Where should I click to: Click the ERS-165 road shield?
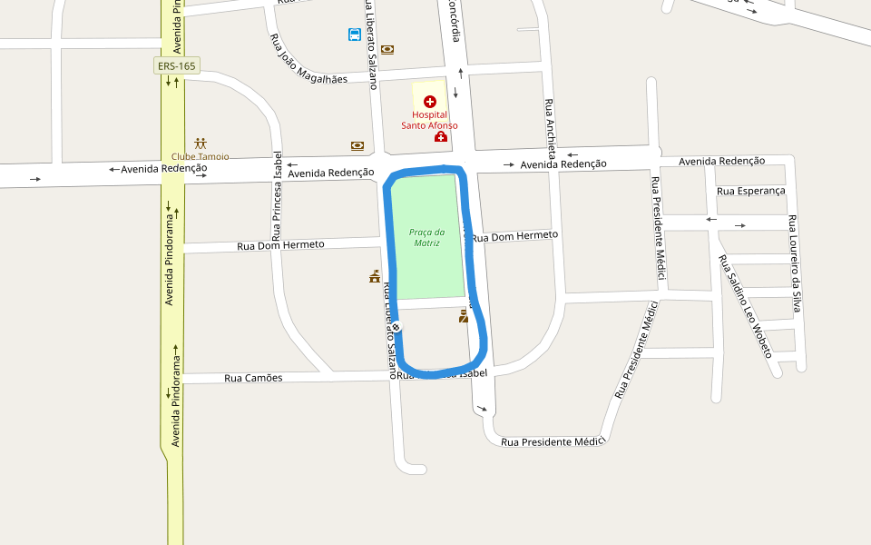[x=176, y=65]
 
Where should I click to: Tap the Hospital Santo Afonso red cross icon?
[x=430, y=102]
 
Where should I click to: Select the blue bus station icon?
[x=355, y=35]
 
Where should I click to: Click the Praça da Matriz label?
[x=426, y=237]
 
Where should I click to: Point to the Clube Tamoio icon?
[x=201, y=144]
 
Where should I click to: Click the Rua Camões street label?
[x=253, y=378]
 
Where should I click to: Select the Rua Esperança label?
[x=750, y=191]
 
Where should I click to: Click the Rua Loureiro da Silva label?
[x=795, y=264]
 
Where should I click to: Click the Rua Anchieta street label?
[x=550, y=126]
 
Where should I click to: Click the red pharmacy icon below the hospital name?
[x=440, y=136]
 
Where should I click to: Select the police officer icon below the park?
[x=464, y=316]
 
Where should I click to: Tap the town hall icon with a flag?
[x=374, y=276]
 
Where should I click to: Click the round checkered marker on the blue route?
[x=396, y=327]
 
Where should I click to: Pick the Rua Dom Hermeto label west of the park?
[x=280, y=245]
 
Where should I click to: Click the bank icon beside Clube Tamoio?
[x=357, y=145]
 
